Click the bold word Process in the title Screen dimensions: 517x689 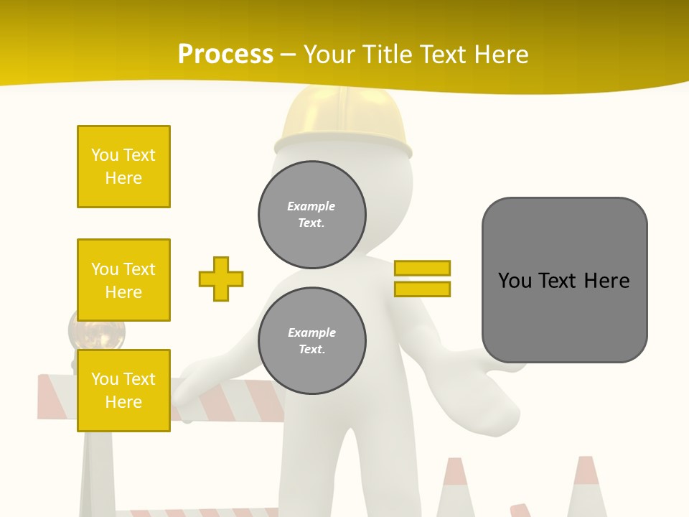coord(225,55)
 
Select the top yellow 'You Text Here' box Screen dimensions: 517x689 coord(123,167)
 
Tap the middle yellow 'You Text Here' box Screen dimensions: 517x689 coord(123,280)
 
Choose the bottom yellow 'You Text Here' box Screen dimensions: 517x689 coord(123,391)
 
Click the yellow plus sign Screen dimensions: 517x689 coord(221,279)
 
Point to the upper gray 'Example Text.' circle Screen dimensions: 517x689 coord(311,215)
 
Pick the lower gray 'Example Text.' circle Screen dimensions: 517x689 coord(311,341)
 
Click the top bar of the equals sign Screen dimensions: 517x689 coord(422,269)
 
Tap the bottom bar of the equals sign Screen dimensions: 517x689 coord(422,289)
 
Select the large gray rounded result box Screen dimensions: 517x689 coord(564,280)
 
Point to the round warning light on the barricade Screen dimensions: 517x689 coord(97,330)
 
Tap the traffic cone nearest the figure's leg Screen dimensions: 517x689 coord(457,488)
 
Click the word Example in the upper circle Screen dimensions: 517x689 coord(311,207)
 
